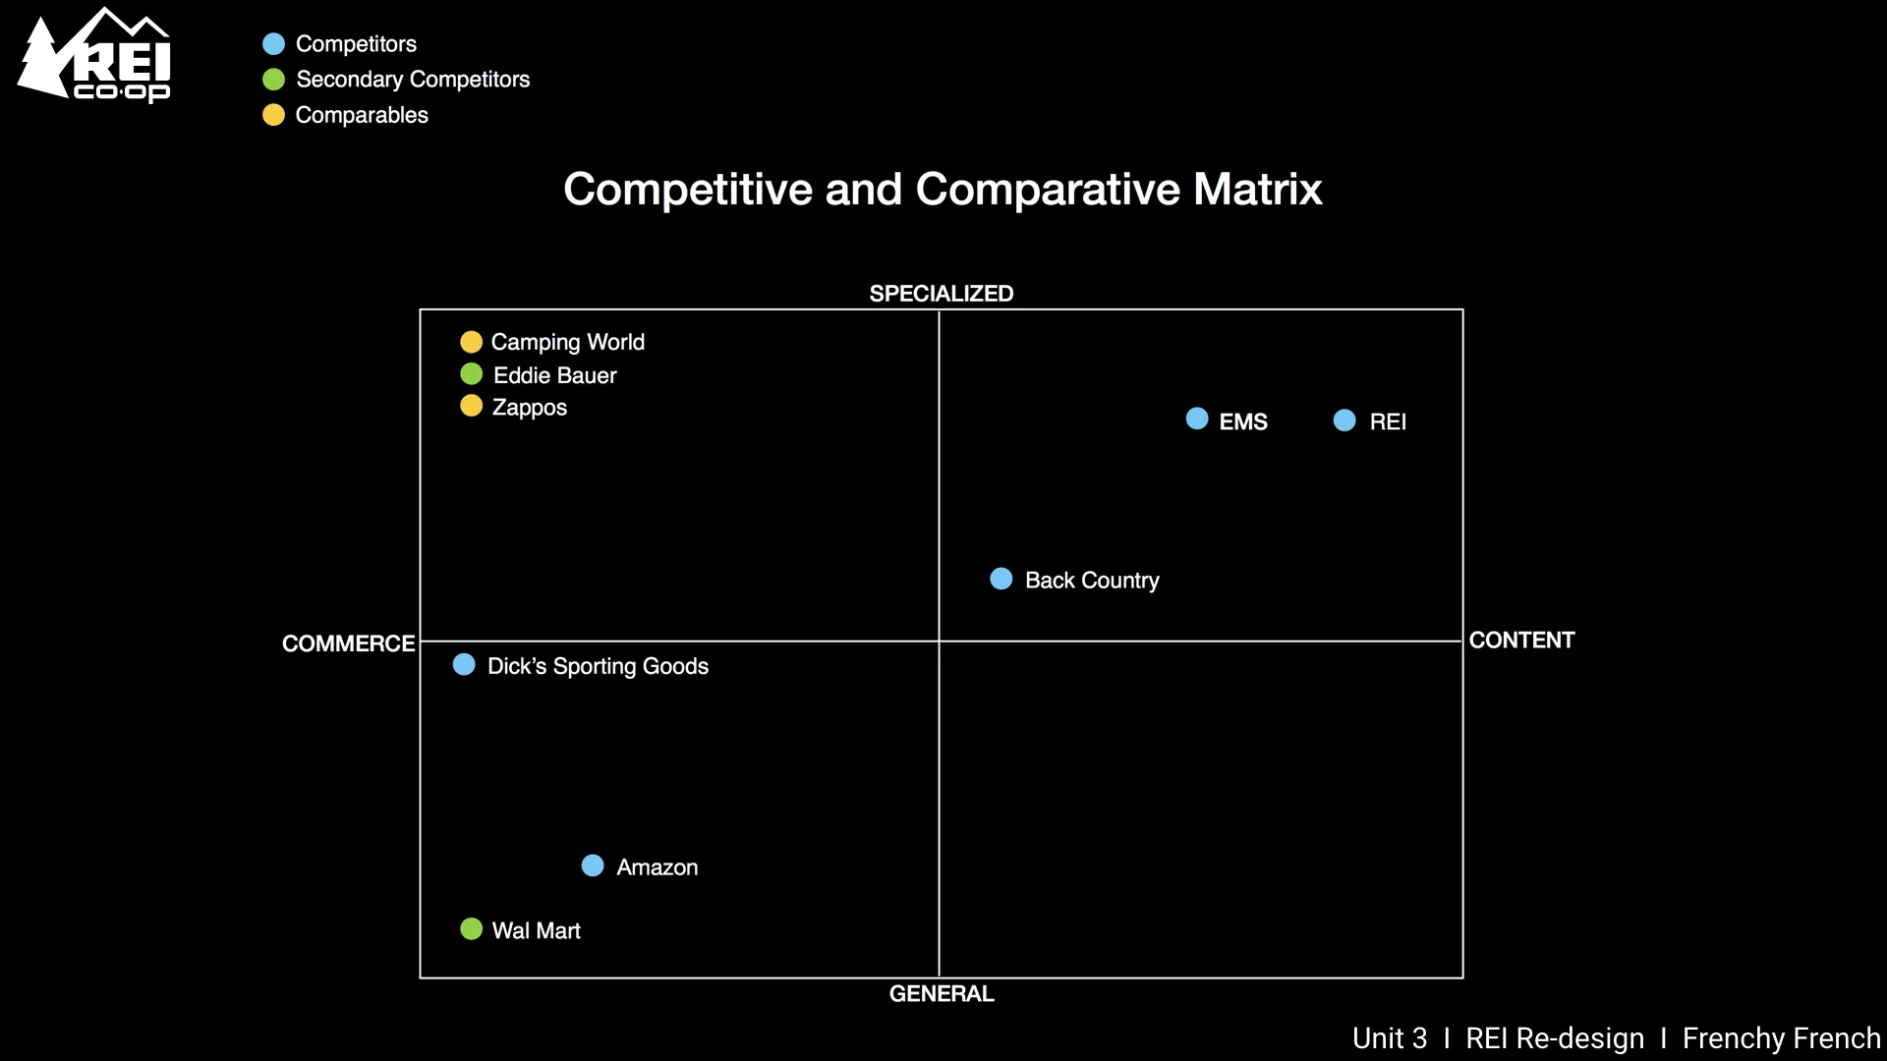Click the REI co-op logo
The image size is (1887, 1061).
point(95,56)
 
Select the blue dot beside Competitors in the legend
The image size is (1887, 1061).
point(274,44)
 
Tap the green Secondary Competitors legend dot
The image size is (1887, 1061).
point(274,80)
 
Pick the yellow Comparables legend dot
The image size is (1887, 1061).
point(274,115)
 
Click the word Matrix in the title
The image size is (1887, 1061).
point(1257,189)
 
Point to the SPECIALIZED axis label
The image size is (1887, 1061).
point(941,294)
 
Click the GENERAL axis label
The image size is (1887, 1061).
point(941,994)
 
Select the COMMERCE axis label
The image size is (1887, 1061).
point(348,643)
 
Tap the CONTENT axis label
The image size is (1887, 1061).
point(1521,641)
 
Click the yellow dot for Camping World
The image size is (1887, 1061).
point(472,342)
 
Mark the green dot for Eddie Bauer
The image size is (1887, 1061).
point(472,374)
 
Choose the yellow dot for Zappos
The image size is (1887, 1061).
point(472,406)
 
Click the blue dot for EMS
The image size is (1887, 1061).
point(1197,419)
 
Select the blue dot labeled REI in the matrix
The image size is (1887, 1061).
point(1344,420)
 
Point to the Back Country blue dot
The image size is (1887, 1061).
point(1001,579)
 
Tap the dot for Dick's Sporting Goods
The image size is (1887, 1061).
point(464,665)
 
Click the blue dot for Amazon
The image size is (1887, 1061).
point(593,866)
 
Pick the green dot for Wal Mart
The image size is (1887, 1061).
point(472,929)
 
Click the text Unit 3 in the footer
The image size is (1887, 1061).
point(1389,1038)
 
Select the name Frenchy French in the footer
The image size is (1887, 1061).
point(1781,1038)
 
